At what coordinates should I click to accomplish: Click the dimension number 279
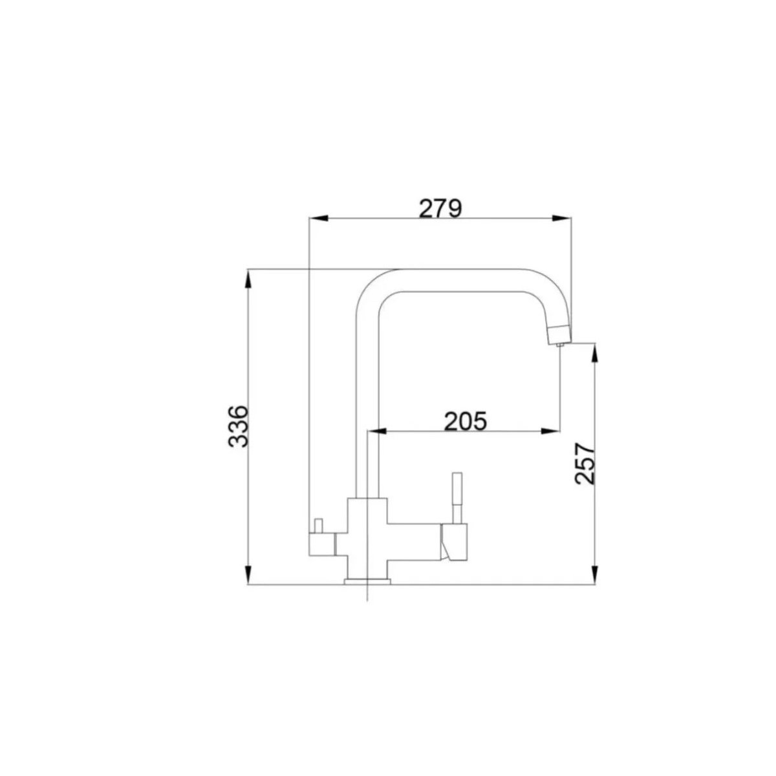[x=440, y=209]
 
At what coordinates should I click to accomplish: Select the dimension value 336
[x=237, y=426]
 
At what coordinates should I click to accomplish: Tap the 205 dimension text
[x=465, y=421]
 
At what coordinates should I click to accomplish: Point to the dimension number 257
[x=585, y=464]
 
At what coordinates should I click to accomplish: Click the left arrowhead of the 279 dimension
[x=319, y=218]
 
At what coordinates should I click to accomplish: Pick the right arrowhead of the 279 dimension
[x=561, y=218]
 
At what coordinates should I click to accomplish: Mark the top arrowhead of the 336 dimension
[x=248, y=279]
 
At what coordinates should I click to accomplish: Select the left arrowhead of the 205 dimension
[x=377, y=431]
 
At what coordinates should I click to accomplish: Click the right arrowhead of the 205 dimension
[x=550, y=431]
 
